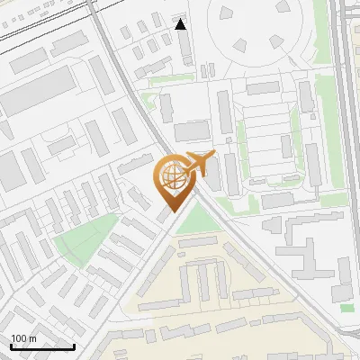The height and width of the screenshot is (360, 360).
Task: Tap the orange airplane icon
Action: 199,164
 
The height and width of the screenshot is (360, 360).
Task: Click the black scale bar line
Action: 42,347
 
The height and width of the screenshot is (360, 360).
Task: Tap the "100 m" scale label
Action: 24,338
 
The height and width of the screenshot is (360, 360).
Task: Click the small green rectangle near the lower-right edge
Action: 347,308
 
